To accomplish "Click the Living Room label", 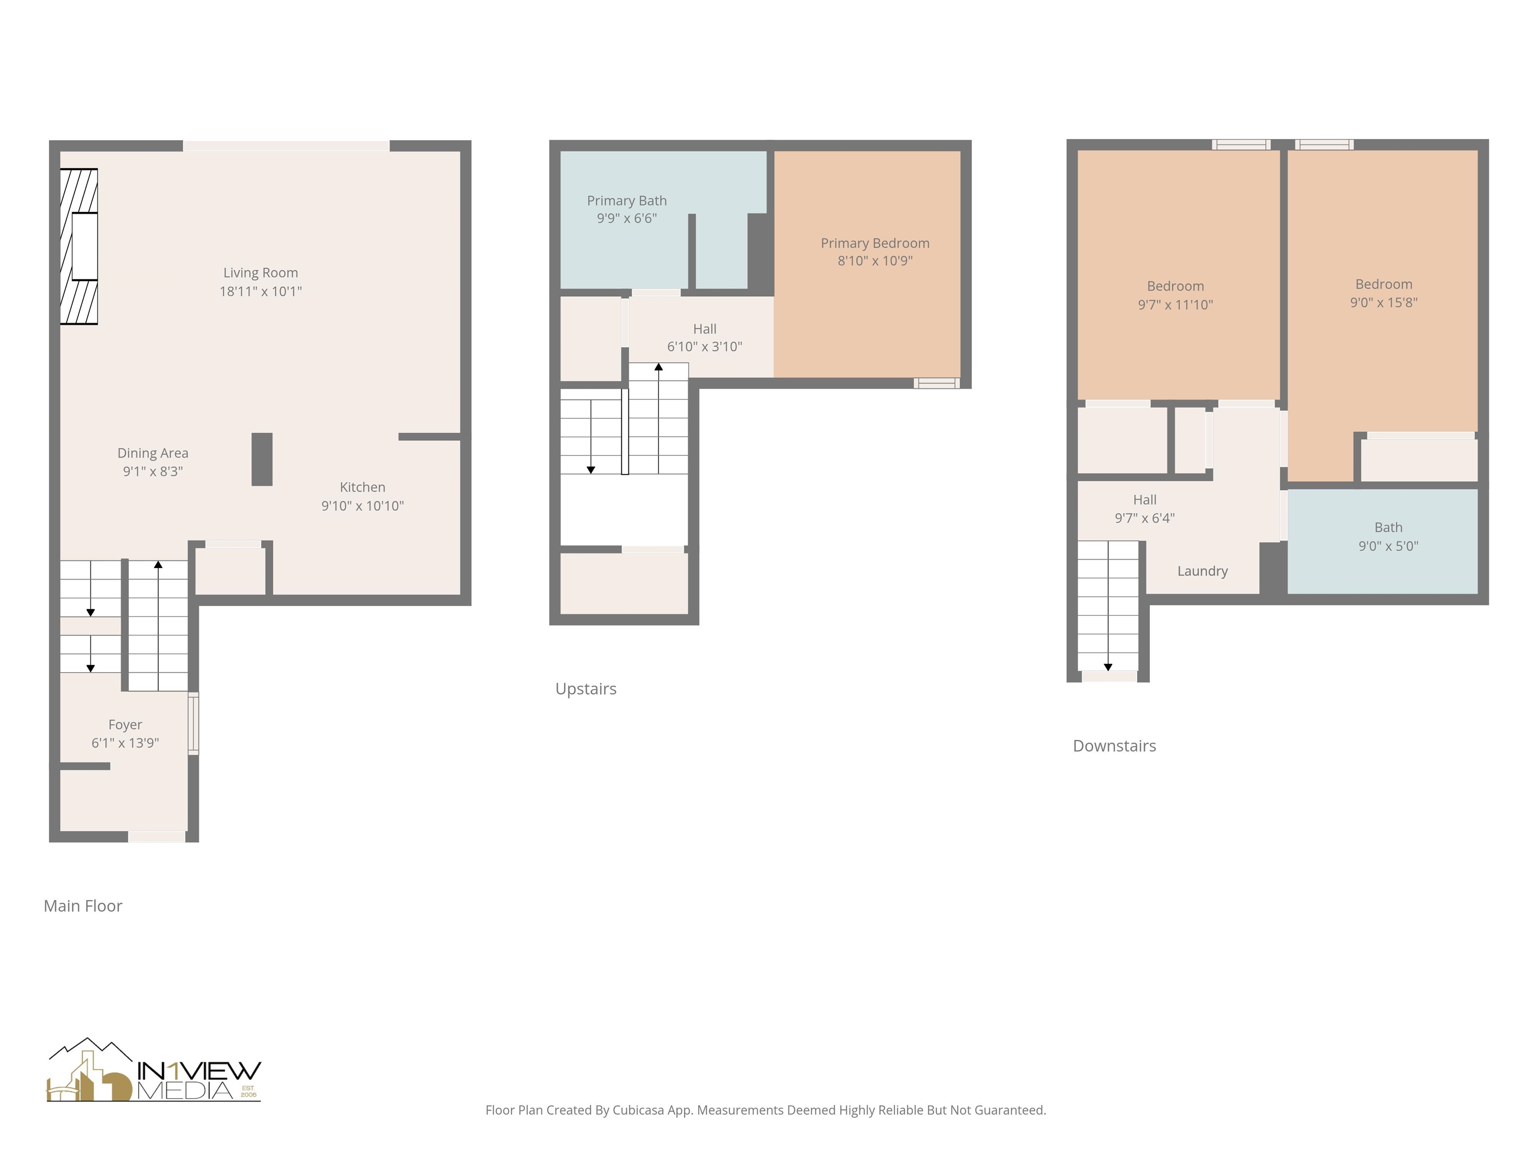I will (260, 273).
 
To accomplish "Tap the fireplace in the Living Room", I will (79, 246).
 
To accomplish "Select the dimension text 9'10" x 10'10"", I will (362, 506).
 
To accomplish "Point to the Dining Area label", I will (153, 453).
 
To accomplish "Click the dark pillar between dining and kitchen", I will (262, 459).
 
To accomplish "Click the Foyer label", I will (125, 725).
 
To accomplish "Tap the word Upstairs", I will (585, 688).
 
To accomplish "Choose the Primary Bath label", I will (627, 201).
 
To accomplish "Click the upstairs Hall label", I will (704, 329).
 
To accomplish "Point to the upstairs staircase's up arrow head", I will (659, 367).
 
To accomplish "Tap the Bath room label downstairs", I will (1388, 528).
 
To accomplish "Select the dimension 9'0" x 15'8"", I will (1383, 303).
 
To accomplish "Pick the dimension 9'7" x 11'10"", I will (1175, 305).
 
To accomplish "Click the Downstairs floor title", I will (1114, 746).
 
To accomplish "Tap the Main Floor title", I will (82, 906).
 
